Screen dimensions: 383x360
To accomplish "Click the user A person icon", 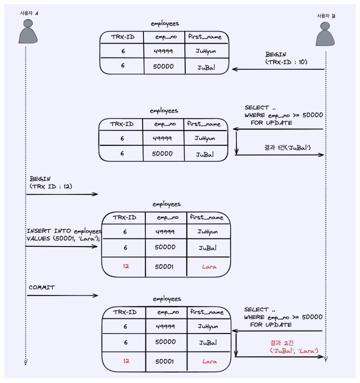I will click(28, 32).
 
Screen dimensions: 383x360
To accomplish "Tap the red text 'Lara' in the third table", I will click(209, 267).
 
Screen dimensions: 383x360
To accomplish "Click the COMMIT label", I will click(42, 287).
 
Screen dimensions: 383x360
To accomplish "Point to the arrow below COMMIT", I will click(62, 296).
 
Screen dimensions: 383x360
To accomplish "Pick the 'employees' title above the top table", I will click(165, 23).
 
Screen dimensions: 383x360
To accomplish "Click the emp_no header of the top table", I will click(165, 37).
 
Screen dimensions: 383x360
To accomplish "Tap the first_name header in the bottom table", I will click(207, 312).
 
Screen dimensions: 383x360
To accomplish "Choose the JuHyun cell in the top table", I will click(206, 51).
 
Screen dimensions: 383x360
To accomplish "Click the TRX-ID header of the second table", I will click(122, 124).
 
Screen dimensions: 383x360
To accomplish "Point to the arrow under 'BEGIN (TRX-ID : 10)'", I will click(278, 69).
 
